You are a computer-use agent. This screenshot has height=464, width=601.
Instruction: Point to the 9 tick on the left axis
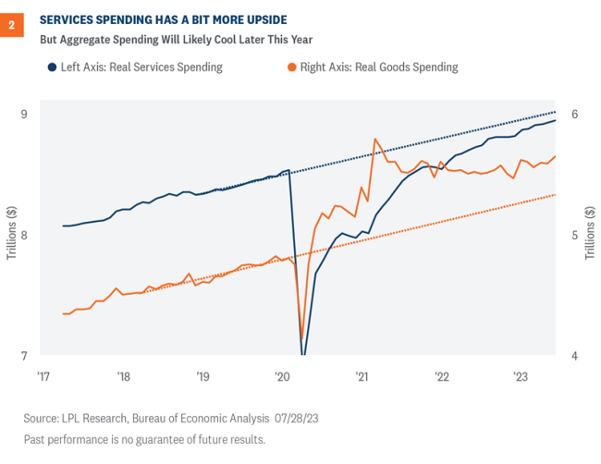point(23,115)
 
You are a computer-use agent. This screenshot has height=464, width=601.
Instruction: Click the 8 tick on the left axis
point(23,236)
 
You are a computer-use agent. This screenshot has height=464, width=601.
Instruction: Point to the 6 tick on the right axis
point(574,115)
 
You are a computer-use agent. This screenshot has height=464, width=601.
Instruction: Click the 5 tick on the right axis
point(574,236)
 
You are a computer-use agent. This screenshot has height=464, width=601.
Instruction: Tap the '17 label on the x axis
point(43,377)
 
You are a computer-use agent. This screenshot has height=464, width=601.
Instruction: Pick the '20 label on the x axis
point(282,377)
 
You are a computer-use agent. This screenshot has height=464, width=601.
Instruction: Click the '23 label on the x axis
point(521,377)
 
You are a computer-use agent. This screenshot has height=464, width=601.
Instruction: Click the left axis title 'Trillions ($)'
point(10,236)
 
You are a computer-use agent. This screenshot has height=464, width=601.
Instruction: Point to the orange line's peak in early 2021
point(374,139)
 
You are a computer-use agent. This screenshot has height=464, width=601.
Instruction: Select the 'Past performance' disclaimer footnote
point(144,439)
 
